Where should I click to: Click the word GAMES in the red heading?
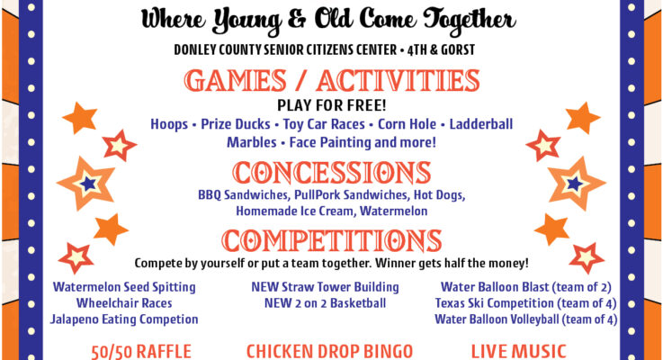(236, 80)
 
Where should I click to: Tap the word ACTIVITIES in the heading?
(398, 80)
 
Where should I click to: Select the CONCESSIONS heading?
(331, 172)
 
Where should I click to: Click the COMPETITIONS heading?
(331, 240)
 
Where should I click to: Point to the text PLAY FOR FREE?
(331, 105)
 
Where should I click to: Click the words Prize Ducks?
(235, 124)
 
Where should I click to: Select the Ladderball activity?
(480, 124)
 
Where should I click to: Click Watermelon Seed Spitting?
(124, 287)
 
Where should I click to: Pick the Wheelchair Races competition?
(124, 303)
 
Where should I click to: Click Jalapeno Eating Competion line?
(124, 319)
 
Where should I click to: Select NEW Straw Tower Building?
(325, 287)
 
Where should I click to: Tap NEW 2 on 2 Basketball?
(325, 303)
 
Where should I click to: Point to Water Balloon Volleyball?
(497, 319)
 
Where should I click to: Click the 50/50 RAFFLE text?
(141, 352)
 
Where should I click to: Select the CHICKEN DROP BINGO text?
(329, 352)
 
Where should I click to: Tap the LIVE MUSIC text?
(518, 352)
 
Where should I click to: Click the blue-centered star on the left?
(88, 184)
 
